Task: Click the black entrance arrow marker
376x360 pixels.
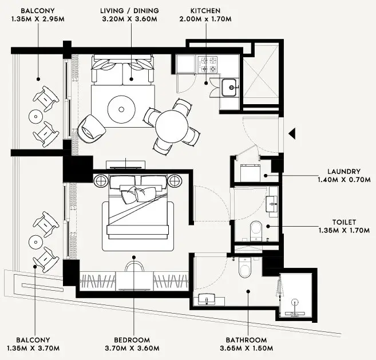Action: tap(292, 133)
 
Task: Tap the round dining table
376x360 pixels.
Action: tap(172, 126)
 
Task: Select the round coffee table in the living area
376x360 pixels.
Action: tap(121, 110)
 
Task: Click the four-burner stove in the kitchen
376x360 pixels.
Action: tap(207, 65)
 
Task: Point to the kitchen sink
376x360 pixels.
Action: tap(229, 88)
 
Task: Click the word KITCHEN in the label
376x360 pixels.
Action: tap(205, 11)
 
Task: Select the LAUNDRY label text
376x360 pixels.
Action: tap(344, 172)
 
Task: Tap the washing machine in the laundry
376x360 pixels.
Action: tap(250, 173)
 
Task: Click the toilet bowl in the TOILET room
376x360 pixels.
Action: tap(256, 231)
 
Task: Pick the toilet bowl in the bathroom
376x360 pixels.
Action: tap(245, 268)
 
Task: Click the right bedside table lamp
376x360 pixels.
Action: tap(175, 181)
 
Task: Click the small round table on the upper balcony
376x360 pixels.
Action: tap(35, 117)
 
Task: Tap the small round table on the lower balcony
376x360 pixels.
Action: tap(35, 242)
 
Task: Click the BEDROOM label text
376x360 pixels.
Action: tap(132, 340)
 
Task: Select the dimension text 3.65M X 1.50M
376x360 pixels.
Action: tap(246, 348)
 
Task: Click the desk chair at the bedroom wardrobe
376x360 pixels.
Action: tap(134, 266)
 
